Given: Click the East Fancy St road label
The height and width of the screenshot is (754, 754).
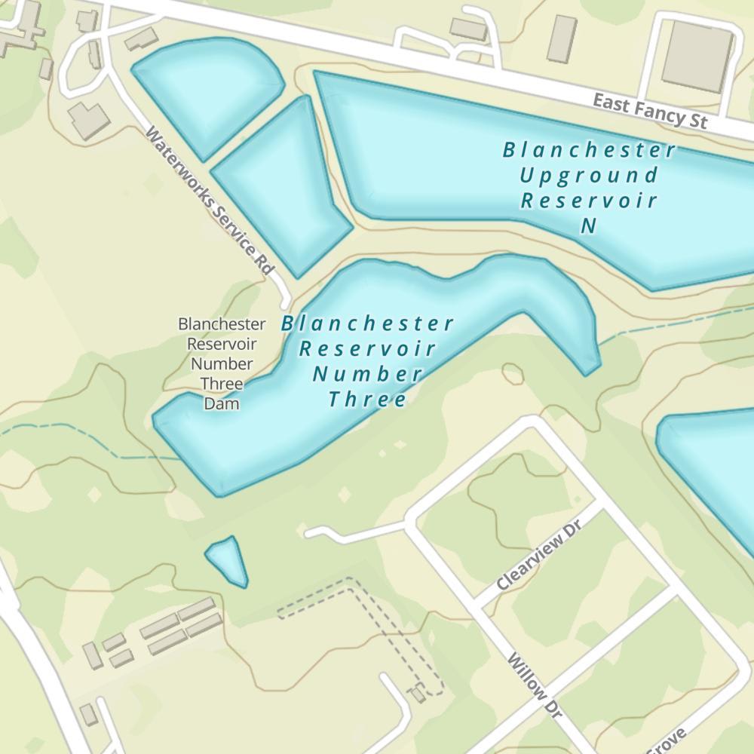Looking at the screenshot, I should click(650, 111).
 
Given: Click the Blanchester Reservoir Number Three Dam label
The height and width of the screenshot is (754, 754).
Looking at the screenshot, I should click(222, 364).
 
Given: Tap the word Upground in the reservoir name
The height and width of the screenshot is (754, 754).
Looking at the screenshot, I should click(589, 176).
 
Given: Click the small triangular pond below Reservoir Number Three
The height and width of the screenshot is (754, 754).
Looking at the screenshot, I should click(227, 560).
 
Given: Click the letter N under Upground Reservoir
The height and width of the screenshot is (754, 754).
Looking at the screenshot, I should click(589, 225).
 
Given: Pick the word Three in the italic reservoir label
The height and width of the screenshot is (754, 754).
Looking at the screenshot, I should click(368, 399).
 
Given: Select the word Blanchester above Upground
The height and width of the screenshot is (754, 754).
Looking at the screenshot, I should click(589, 150).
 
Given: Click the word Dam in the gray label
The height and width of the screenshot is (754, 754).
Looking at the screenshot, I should click(222, 403).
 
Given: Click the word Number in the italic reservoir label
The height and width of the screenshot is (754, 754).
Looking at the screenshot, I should click(368, 374).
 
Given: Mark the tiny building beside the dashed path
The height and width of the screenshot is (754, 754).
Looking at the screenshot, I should click(417, 694).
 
